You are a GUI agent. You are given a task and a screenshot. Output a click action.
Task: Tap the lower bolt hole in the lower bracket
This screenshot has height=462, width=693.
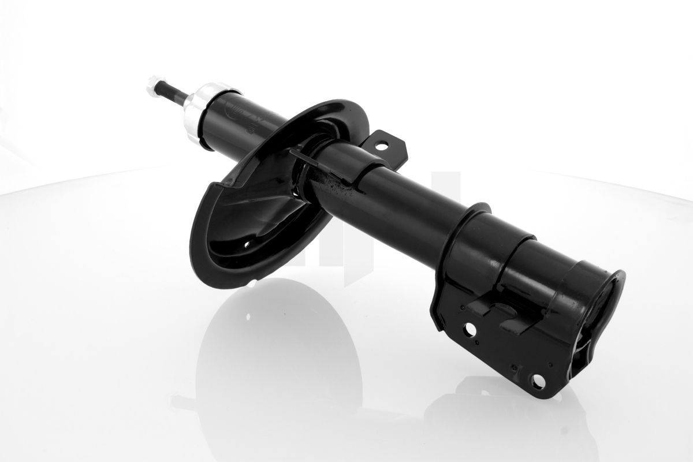click(x=538, y=381)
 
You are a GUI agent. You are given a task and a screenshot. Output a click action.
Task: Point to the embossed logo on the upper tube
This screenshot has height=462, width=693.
click(x=238, y=113)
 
